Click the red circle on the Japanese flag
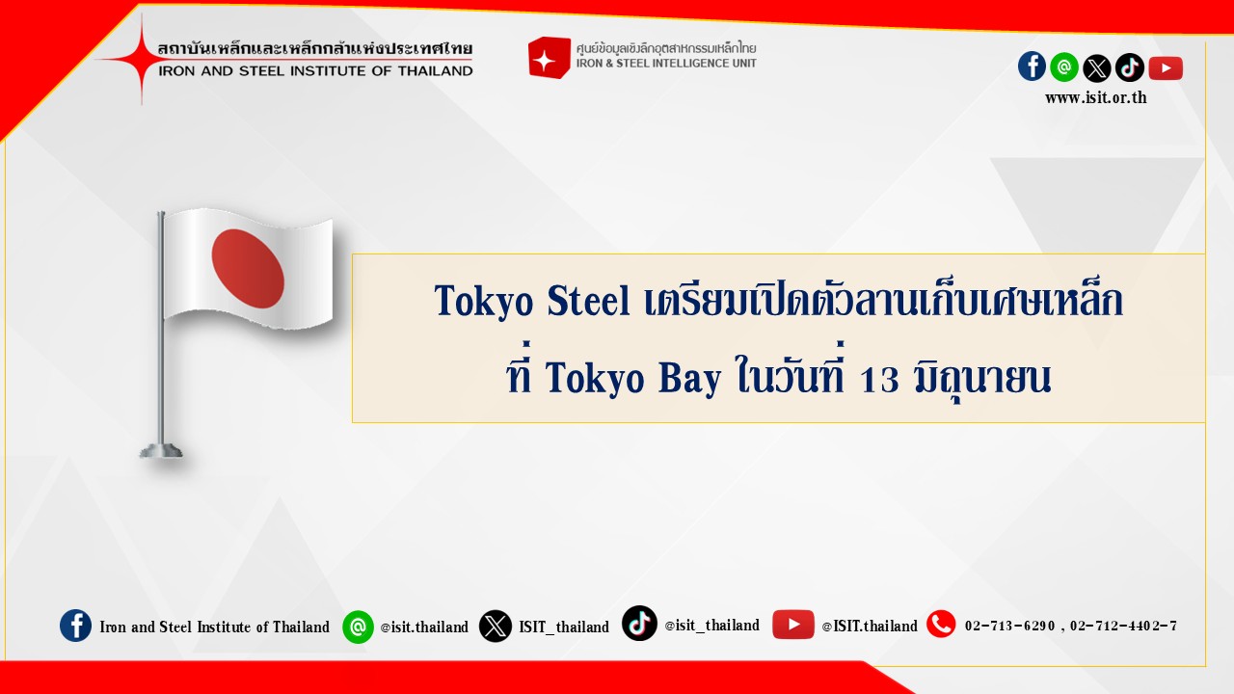[x=248, y=269]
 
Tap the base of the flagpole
[x=161, y=451]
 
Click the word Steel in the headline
[x=588, y=301]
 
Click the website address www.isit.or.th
[x=1096, y=98]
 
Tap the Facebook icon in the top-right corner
[x=1032, y=67]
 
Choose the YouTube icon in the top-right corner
[x=1166, y=68]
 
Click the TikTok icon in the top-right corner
[x=1130, y=67]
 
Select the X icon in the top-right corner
[x=1097, y=68]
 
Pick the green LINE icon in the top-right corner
[x=1063, y=67]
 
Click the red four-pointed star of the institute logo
[x=141, y=59]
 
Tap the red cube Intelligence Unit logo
[x=549, y=57]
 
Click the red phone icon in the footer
[x=941, y=624]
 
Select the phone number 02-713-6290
[x=1009, y=626]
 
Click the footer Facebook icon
[x=75, y=626]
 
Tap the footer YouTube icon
[x=792, y=625]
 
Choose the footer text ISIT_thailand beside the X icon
[x=564, y=627]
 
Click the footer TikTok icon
[x=639, y=624]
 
